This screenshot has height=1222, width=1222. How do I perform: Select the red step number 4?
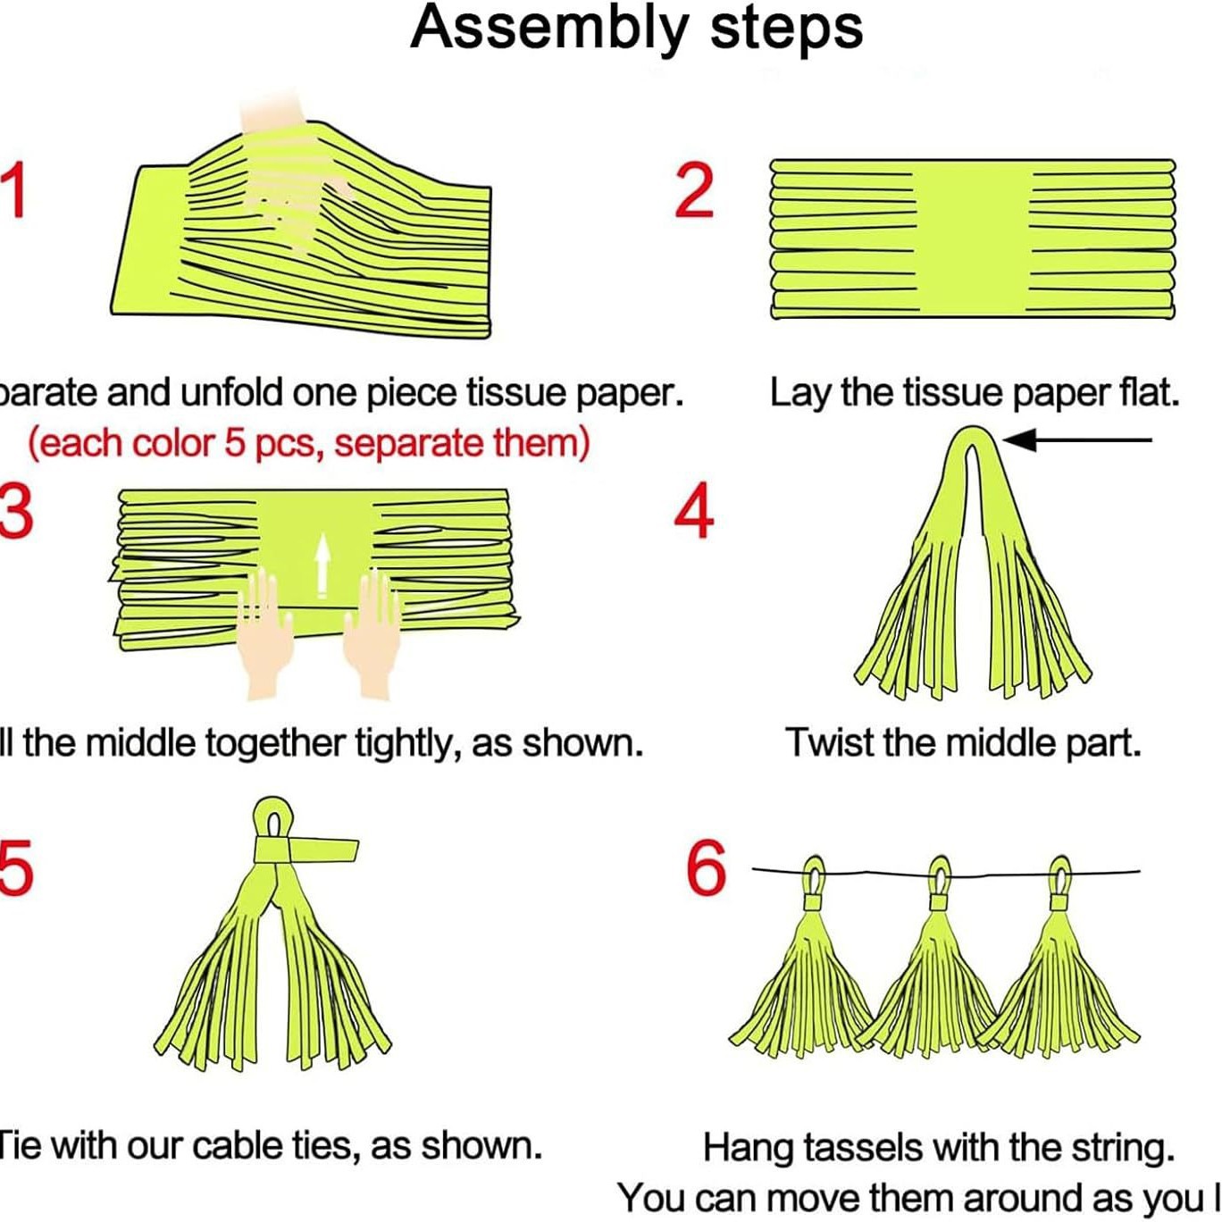coord(694,512)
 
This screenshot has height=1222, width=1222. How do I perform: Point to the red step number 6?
coord(706,867)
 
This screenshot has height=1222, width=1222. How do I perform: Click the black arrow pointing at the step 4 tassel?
coord(1076,439)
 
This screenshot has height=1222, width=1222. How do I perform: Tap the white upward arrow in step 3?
coord(322,563)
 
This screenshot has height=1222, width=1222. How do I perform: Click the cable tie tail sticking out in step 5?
coord(326,850)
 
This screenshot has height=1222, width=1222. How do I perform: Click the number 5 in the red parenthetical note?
coord(234,443)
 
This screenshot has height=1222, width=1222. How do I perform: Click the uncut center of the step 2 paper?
coord(973,239)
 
